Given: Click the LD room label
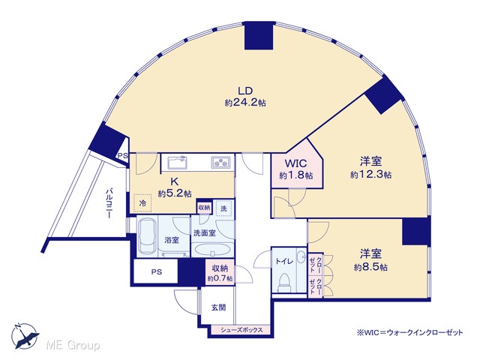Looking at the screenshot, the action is tap(245, 91).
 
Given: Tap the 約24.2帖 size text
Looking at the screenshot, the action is tap(245, 103).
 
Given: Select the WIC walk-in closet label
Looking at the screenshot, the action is tap(295, 163).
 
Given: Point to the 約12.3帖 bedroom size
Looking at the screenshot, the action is tap(370, 175).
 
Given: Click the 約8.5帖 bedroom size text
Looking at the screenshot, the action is tap(370, 267).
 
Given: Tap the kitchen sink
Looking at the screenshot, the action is tap(177, 162).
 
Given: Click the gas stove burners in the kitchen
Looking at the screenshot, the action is tap(220, 162).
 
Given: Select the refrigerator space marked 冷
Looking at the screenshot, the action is tap(142, 202).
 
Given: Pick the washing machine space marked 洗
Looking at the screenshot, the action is tap(223, 208).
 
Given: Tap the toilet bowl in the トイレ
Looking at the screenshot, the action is tap(283, 281).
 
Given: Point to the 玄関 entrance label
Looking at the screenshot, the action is tap(218, 307).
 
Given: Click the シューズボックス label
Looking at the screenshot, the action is tap(241, 330).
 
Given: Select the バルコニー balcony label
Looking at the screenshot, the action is tap(109, 203).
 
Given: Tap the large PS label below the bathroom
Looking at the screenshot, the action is tap(157, 271).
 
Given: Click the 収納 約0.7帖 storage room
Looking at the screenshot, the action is tap(220, 272).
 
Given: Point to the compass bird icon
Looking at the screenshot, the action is tap(25, 336).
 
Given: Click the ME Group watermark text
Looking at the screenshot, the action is tap(73, 346).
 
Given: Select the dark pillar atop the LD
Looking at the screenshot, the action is tap(259, 36).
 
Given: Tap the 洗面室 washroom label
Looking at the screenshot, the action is tap(205, 233).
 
